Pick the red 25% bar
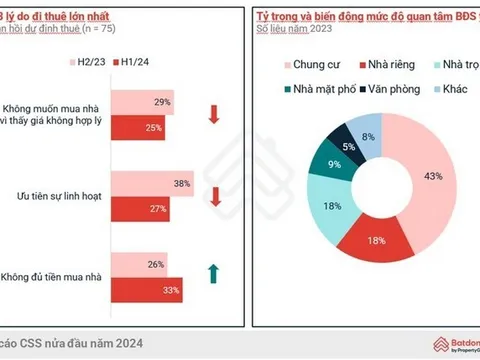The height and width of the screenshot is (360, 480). pyautogui.click(x=136, y=127)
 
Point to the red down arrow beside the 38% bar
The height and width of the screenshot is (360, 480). pyautogui.click(x=213, y=195)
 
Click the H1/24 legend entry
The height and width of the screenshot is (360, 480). pyautogui.click(x=142, y=62)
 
